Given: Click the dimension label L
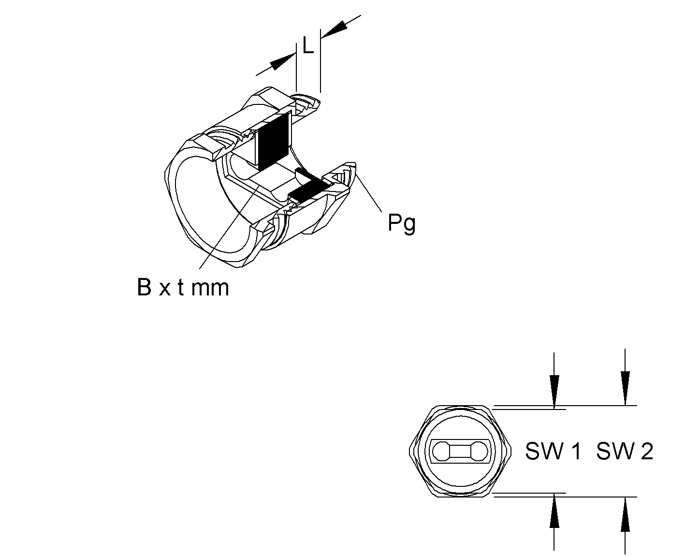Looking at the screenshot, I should [308, 46].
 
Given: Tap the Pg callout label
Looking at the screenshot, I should [402, 223].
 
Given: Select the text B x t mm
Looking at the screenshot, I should [183, 288].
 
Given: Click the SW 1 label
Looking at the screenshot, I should [553, 452].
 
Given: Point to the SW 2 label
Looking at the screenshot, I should [625, 452].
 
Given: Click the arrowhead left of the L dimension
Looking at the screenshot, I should [283, 62].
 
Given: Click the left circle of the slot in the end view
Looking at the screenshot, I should [440, 452].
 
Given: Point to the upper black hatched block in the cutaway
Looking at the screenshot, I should [274, 142].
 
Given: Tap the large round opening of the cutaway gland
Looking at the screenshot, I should [208, 203].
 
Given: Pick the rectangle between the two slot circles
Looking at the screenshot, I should [460, 452].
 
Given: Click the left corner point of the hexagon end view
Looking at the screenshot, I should [409, 451].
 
